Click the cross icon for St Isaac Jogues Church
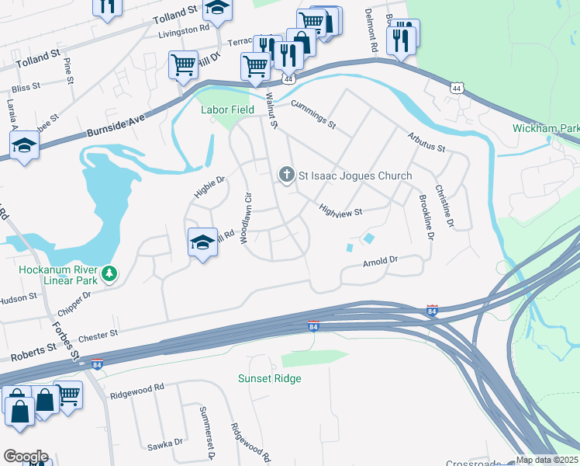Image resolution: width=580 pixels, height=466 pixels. pos(287,175)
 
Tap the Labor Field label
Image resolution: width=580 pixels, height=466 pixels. pos(228,110)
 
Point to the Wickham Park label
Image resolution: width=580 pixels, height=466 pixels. pos(545,127)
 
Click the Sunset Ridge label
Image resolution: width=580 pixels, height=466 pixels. pos(269,378)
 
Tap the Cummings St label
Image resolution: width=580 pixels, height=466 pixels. pos(313,114)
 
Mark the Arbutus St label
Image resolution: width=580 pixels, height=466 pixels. pos(426,142)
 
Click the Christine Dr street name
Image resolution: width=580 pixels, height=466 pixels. pos(443,206)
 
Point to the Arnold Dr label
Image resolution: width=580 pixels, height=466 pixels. pos(380,264)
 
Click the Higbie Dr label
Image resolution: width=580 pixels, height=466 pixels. pos(209,186)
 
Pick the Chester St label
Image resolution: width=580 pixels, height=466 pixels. pos(96,334)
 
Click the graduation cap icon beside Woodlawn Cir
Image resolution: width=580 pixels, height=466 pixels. pos(202,242)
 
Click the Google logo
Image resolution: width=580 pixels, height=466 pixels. pos(25,457)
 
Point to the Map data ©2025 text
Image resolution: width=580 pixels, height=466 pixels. pos(547,460)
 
